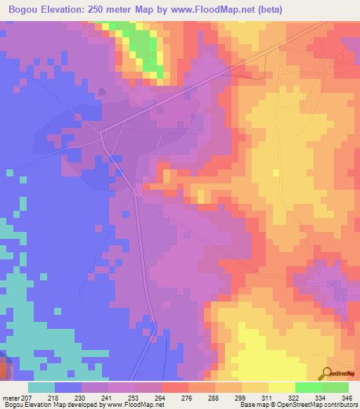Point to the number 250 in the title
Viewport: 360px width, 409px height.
click(109, 9)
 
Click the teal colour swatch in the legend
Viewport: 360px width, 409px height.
click(42, 387)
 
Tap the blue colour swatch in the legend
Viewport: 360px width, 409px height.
click(69, 387)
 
